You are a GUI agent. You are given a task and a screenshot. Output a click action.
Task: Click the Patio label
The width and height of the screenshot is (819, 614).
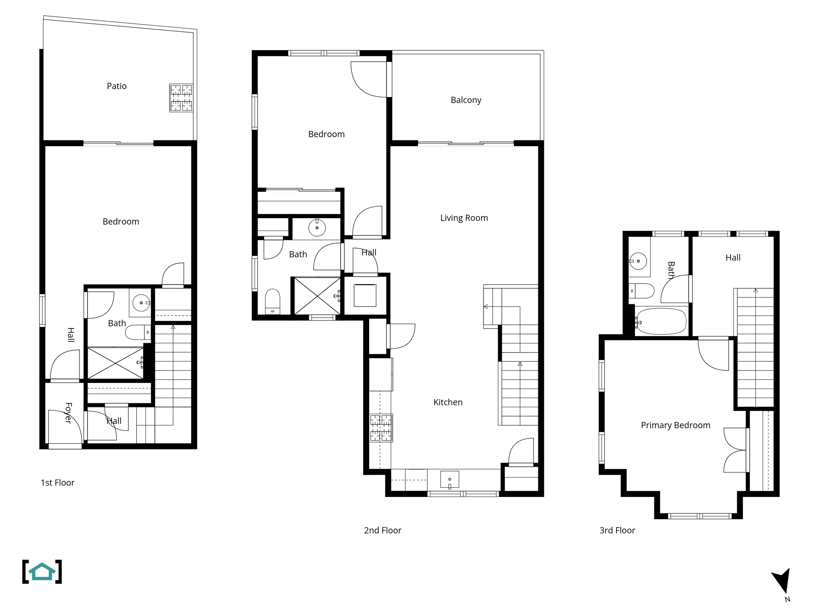pyautogui.click(x=116, y=86)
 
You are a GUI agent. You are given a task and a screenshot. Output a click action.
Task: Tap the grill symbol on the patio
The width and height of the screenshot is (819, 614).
pyautogui.click(x=181, y=98)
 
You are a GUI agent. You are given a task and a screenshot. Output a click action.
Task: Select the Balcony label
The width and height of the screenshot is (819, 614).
pyautogui.click(x=466, y=100)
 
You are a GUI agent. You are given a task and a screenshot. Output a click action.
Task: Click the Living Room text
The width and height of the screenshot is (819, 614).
pyautogui.click(x=464, y=218)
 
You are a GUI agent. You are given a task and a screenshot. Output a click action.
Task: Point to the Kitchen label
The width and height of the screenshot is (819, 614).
pyautogui.click(x=448, y=402)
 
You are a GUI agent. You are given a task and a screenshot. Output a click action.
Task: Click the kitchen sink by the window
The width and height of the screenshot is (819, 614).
pyautogui.click(x=449, y=479)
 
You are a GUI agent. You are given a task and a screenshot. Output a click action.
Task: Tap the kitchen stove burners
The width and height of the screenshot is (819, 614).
pyautogui.click(x=381, y=428)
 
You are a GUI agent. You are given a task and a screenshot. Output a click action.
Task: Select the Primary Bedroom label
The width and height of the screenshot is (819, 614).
pyautogui.click(x=675, y=425)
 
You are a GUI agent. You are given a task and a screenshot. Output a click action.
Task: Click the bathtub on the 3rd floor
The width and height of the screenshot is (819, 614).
pyautogui.click(x=661, y=321)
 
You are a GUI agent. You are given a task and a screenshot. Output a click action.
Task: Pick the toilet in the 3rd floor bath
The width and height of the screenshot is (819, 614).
pyautogui.click(x=642, y=291)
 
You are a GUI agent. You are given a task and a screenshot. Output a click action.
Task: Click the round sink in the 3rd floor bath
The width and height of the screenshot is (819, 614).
pyautogui.click(x=638, y=261)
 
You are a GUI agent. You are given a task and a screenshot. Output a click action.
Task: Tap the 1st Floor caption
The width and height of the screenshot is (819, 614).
pyautogui.click(x=58, y=482)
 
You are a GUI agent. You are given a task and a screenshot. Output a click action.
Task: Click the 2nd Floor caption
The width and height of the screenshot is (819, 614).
pyautogui.click(x=382, y=530)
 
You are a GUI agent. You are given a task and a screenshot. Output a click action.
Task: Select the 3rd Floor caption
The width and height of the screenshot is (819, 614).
pyautogui.click(x=617, y=530)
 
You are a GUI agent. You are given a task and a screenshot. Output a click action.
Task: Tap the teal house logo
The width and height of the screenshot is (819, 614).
pyautogui.click(x=42, y=572)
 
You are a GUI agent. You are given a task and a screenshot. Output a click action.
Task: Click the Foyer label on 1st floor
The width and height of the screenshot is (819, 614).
pyautogui.click(x=68, y=413)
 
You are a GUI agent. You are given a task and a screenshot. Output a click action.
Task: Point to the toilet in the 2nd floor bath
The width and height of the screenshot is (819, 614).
pyautogui.click(x=273, y=301)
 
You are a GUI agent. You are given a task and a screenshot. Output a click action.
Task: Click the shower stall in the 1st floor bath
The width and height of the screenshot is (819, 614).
pyautogui.click(x=115, y=363)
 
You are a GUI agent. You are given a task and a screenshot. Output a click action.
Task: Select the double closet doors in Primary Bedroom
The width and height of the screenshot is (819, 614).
pyautogui.click(x=735, y=450)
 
